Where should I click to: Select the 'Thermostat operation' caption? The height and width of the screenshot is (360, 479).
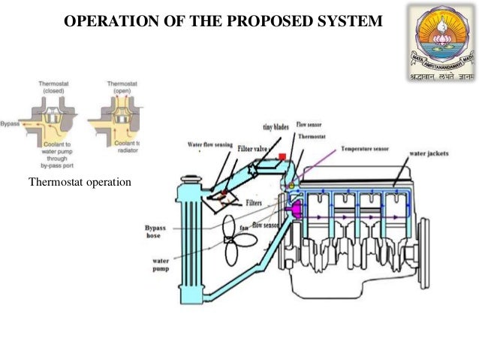pyautogui.click(x=79, y=183)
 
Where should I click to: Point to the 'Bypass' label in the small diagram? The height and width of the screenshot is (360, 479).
pyautogui.click(x=9, y=119)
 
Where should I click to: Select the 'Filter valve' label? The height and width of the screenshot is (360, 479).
pyautogui.click(x=253, y=150)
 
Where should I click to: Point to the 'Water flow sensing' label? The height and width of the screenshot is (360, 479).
pyautogui.click(x=211, y=144)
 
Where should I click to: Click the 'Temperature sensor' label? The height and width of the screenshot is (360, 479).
pyautogui.click(x=366, y=149)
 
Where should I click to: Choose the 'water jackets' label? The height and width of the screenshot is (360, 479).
pyautogui.click(x=429, y=154)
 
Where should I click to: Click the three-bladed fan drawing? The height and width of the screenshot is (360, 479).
pyautogui.click(x=236, y=245)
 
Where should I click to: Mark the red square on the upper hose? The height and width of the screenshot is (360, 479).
pyautogui.click(x=282, y=157)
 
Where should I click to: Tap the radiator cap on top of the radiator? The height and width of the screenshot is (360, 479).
pyautogui.click(x=192, y=179)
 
